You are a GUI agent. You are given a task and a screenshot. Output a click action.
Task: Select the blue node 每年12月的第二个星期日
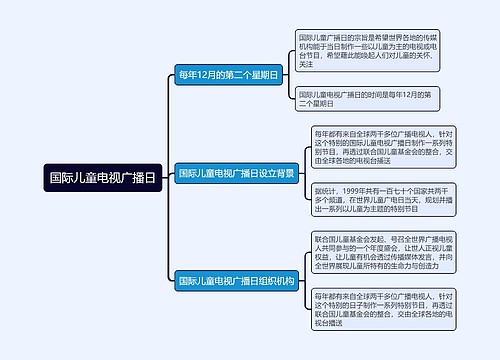click(227, 75)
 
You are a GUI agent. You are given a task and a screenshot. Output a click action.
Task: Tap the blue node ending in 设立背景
click(236, 173)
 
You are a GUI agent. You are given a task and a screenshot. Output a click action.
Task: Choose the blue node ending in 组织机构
click(236, 281)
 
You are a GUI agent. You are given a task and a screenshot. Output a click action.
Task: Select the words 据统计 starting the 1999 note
click(326, 187)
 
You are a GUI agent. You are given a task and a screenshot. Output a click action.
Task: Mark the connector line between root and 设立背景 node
click(166, 175)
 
